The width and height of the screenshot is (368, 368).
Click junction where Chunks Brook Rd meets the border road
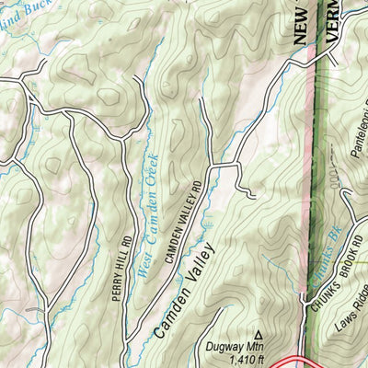pos(304,297)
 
